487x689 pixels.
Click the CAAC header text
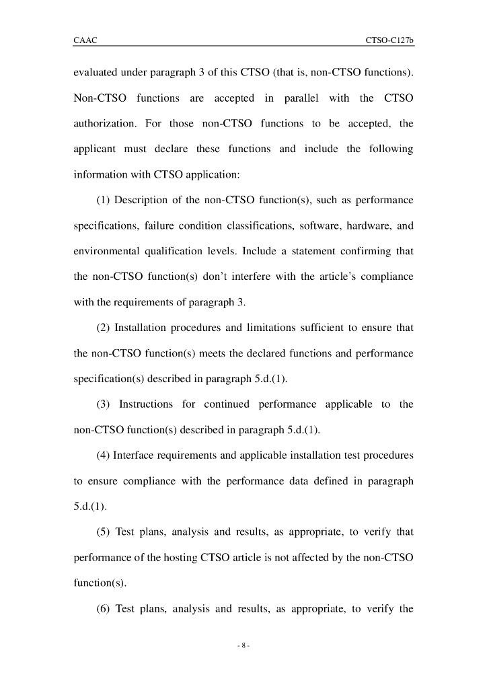(x=85, y=41)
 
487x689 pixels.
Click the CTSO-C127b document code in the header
(x=389, y=41)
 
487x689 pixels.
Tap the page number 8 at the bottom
(x=243, y=646)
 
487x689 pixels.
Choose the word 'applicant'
(x=94, y=149)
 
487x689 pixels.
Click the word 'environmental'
(x=106, y=251)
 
